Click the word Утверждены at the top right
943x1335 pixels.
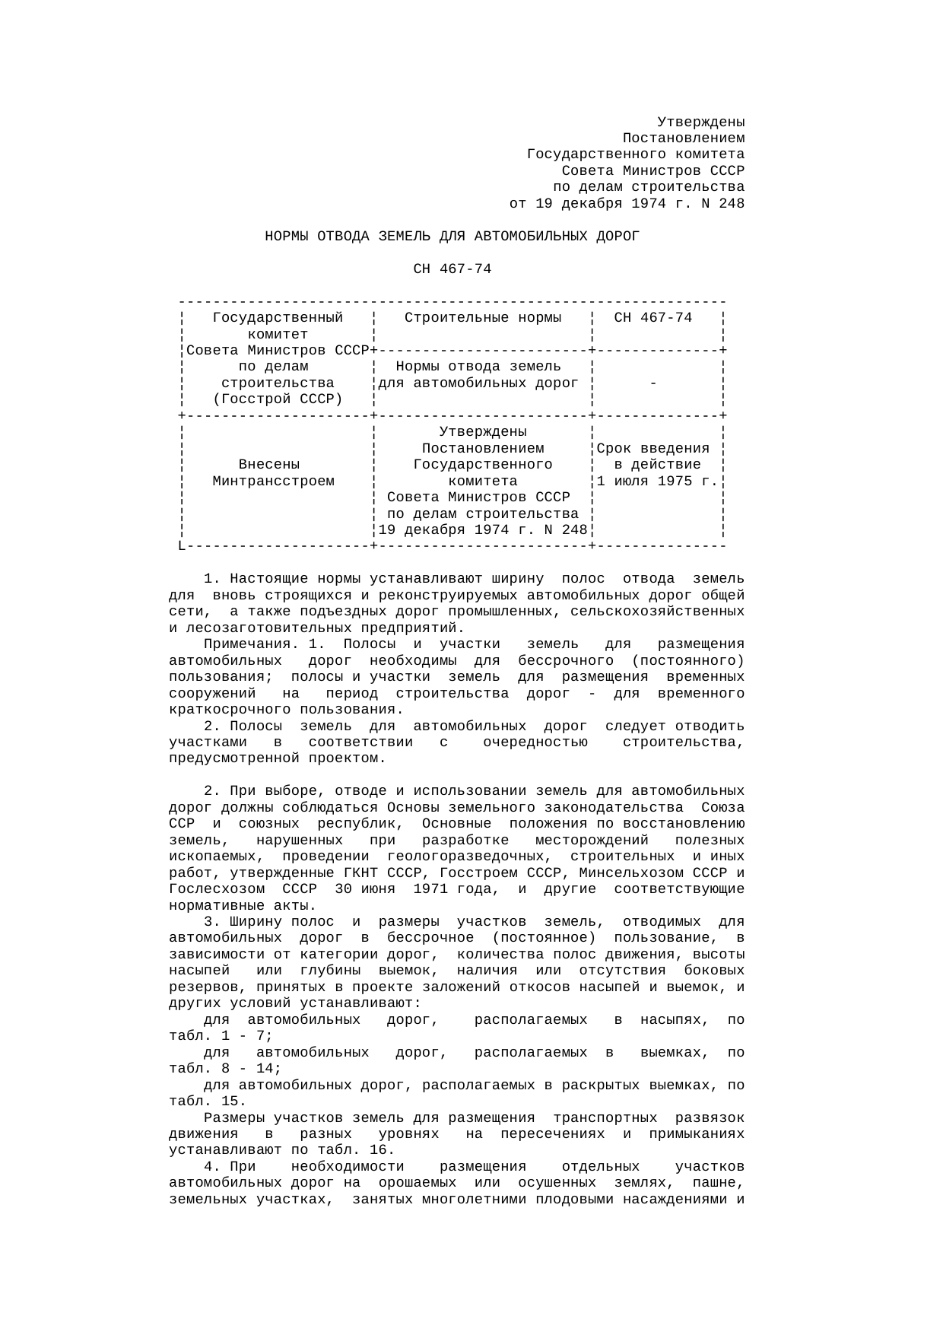[x=700, y=122]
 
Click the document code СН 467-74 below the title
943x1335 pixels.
[x=452, y=269]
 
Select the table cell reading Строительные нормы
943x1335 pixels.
[x=483, y=318]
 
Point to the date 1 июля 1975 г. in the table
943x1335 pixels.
[x=657, y=482]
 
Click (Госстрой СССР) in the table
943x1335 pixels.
[x=278, y=399]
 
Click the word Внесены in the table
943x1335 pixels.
[x=269, y=465]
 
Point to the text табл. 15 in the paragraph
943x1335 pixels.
[x=207, y=1101]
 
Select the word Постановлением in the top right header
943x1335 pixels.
[x=683, y=138]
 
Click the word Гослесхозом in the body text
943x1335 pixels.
[x=217, y=889]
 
